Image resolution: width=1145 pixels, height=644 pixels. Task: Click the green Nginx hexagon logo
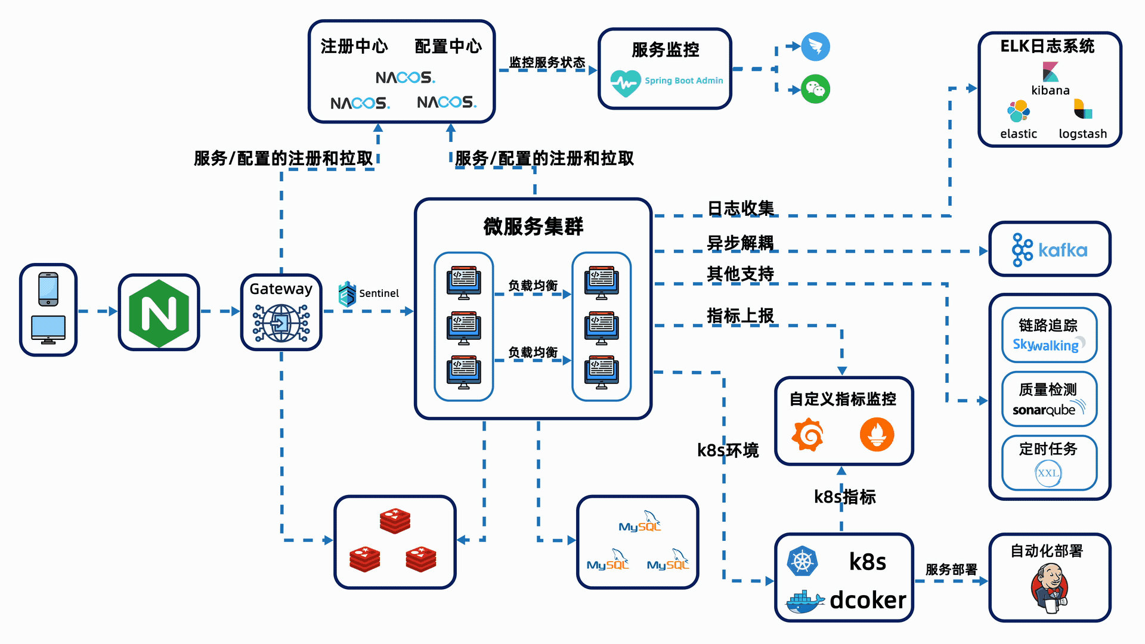(159, 313)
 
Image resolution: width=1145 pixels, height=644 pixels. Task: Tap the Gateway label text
(281, 289)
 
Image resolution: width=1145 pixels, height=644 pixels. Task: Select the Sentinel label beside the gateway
(379, 293)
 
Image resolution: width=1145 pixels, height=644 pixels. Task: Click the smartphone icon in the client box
(48, 289)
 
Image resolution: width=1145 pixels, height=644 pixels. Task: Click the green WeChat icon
(815, 89)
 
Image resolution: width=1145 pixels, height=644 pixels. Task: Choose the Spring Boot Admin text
(683, 80)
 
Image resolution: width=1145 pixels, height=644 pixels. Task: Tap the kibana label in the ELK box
(1050, 91)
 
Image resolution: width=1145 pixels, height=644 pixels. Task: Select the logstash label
(1082, 134)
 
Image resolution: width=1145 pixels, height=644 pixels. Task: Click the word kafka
(1063, 250)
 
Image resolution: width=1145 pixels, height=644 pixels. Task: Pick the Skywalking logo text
(1046, 345)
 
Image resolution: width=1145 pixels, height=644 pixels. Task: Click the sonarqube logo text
(1044, 410)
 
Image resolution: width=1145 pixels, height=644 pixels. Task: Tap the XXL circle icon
(1048, 473)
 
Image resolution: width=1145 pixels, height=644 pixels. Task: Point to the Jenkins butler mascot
(1050, 587)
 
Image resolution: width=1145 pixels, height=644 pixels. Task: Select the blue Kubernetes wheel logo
(802, 561)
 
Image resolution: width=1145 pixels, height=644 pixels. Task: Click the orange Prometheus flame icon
(877, 435)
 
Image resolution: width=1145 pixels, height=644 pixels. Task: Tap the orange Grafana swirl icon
(808, 435)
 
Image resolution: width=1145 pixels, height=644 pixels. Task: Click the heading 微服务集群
(533, 227)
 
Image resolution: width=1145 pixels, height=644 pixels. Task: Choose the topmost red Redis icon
(395, 521)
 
